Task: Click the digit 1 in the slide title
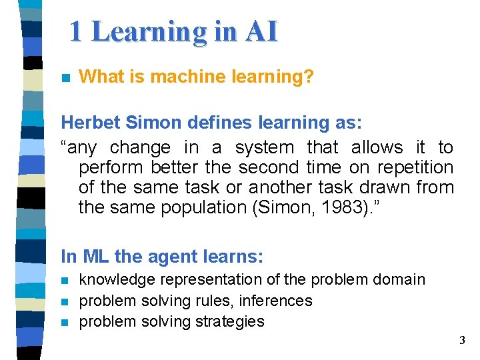tap(77, 31)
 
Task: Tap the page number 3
tap(462, 341)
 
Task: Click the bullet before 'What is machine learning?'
tap(65, 77)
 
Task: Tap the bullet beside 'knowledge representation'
tap(65, 281)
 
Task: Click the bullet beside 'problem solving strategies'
tap(65, 323)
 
